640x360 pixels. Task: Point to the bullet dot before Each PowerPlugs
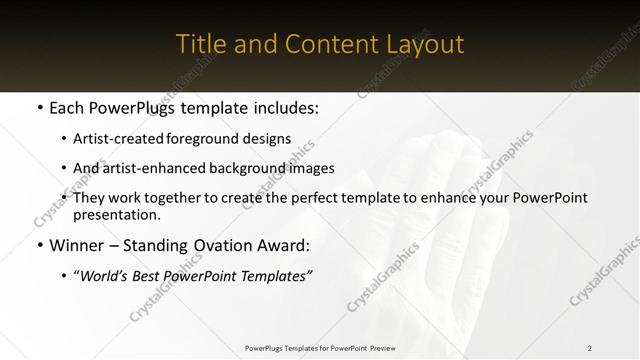coord(39,107)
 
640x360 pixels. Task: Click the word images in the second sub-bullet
coord(313,168)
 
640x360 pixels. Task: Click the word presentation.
coord(115,214)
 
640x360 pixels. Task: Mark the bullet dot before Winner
coord(39,245)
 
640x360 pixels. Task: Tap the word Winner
coord(77,245)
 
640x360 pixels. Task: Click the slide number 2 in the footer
coord(589,348)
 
